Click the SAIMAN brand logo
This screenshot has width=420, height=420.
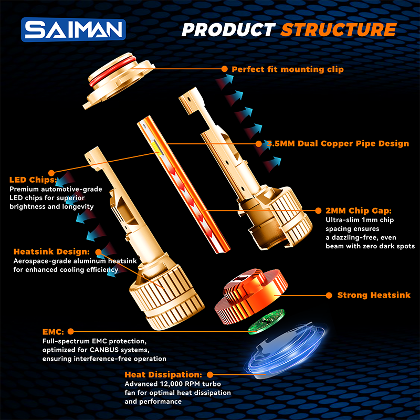click(x=73, y=29)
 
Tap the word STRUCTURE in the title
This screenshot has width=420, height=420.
click(x=339, y=29)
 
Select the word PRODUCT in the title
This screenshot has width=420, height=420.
click(x=228, y=29)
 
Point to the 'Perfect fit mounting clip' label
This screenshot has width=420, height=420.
click(x=288, y=69)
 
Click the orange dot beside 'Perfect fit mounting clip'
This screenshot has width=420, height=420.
click(x=225, y=69)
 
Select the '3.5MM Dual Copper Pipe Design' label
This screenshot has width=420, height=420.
click(x=338, y=143)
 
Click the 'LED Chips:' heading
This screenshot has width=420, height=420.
click(x=33, y=180)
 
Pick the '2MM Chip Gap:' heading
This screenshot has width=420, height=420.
click(x=359, y=211)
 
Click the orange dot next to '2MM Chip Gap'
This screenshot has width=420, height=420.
click(x=318, y=211)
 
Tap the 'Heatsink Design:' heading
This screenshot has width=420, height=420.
click(x=51, y=251)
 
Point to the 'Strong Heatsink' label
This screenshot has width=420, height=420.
click(x=374, y=295)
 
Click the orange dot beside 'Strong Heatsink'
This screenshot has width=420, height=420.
click(x=329, y=296)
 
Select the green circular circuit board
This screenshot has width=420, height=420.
click(x=266, y=322)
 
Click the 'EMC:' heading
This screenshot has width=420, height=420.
click(x=53, y=332)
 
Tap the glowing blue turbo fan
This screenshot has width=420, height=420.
click(x=285, y=350)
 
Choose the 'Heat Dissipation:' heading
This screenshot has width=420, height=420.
click(x=163, y=374)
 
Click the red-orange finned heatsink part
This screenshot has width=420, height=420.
click(x=251, y=297)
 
